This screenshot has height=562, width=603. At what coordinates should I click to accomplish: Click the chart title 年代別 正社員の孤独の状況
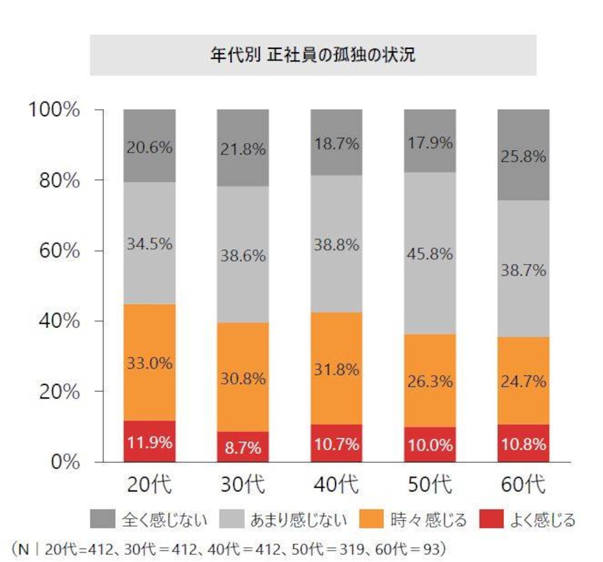coord(313,55)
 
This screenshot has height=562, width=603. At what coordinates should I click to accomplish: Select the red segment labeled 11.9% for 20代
coord(149,441)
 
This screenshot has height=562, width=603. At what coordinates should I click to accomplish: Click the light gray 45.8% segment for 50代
coord(430,253)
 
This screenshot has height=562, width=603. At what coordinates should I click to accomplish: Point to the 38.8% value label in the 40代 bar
coord(336,245)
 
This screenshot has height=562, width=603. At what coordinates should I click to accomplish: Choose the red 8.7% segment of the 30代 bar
coord(243,447)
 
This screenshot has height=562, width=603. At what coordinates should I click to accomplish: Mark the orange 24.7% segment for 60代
coord(523,381)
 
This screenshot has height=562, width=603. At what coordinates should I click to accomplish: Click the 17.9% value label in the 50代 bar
coord(430,143)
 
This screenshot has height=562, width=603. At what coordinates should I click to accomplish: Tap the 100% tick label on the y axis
coord(54,109)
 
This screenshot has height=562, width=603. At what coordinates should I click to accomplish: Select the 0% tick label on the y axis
coord(65,461)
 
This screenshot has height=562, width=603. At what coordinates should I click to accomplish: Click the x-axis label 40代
coord(336,485)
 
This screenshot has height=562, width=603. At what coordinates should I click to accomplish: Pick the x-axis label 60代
coord(523,485)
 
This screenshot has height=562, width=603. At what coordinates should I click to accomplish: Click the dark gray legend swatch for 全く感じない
coord(103,519)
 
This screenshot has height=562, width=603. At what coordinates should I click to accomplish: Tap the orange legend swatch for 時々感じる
coord(372,519)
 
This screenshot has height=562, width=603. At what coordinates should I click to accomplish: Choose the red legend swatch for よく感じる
coord(491,519)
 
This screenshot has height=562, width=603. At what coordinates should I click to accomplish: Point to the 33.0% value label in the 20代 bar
coord(149,363)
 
